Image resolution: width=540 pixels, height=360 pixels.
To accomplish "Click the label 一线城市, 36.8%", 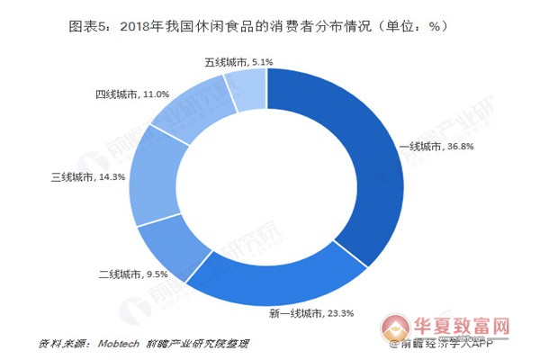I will point(431,148).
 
